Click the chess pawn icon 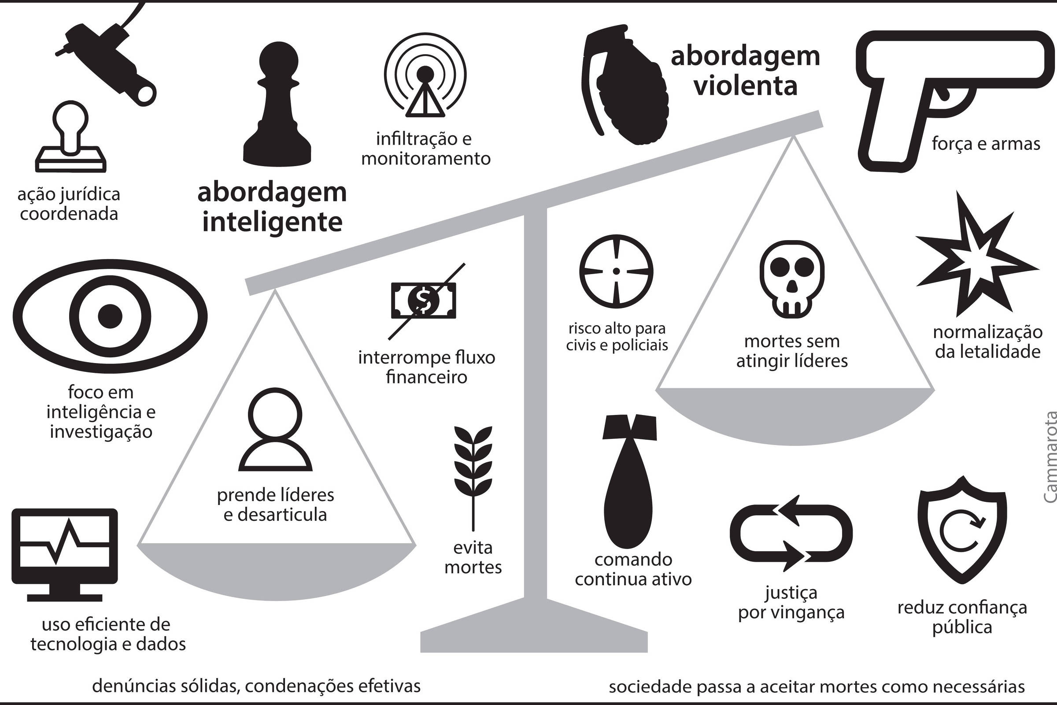(277, 106)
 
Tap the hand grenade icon (625, 85)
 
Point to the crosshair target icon (616, 271)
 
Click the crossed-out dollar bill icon (424, 300)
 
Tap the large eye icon (110, 315)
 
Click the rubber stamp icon (71, 137)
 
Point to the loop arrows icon (791, 534)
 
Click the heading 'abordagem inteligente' (272, 207)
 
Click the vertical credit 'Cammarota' (1049, 463)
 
